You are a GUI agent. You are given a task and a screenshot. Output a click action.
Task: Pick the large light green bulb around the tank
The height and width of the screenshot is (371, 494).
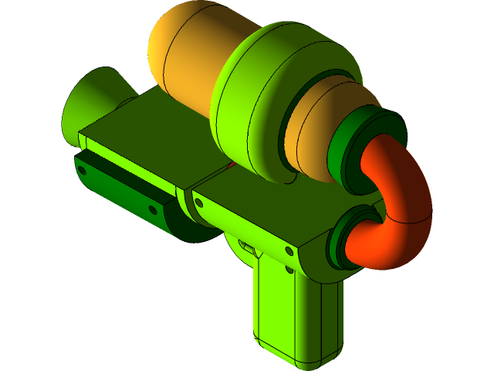(x=255, y=100)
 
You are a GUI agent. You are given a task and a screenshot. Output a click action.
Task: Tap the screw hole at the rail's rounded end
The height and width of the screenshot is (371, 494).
(x=152, y=209)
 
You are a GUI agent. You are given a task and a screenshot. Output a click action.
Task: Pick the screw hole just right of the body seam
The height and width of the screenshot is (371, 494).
(x=199, y=203)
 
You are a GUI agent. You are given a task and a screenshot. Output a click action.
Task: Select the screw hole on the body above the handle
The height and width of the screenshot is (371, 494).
(x=289, y=251)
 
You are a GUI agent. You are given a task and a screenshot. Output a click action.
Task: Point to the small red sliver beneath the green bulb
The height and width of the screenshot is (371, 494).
(x=230, y=165)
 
